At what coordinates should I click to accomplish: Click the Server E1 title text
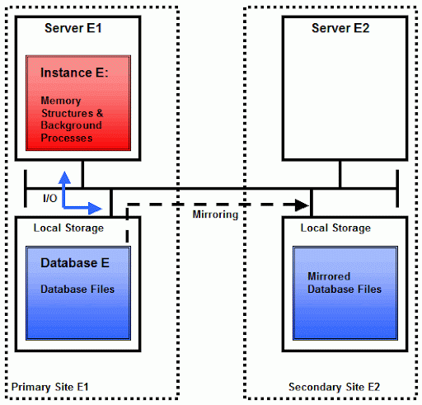(73, 28)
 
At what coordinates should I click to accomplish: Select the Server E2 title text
(340, 28)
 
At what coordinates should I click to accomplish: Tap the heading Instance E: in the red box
(74, 73)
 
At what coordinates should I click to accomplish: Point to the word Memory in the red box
(61, 101)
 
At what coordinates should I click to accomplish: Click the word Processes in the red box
(67, 138)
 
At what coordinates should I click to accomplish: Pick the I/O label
(50, 198)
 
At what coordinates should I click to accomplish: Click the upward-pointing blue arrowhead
(64, 177)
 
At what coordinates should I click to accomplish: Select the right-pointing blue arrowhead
(95, 208)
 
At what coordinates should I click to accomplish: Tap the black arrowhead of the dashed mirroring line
(302, 205)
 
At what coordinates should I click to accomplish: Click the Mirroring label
(215, 214)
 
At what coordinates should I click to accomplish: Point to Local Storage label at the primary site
(68, 228)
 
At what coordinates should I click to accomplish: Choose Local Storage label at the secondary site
(335, 228)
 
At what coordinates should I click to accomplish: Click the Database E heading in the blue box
(75, 263)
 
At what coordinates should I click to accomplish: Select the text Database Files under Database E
(77, 289)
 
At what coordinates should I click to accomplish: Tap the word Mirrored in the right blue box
(329, 276)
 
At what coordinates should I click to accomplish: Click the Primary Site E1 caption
(49, 387)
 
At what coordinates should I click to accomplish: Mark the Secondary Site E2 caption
(334, 387)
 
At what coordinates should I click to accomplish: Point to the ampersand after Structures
(100, 113)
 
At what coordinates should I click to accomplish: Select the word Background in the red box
(72, 125)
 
